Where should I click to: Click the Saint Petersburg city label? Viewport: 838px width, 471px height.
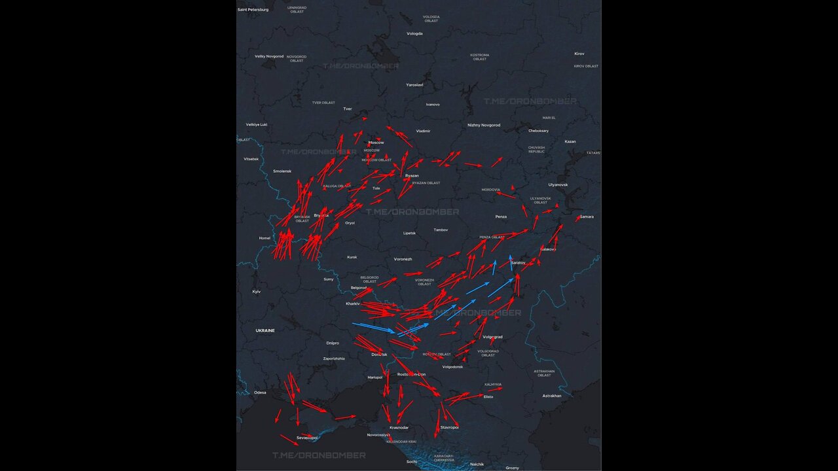253,10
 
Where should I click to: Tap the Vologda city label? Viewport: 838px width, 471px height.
414,33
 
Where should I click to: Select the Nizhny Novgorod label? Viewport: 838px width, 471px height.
484,125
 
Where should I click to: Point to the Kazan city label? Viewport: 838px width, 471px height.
570,141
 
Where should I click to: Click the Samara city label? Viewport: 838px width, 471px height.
587,217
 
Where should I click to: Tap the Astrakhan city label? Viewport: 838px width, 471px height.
552,396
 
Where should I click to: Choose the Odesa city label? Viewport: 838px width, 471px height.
260,392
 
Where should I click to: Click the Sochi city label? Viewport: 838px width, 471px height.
411,462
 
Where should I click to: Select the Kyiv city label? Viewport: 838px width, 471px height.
257,291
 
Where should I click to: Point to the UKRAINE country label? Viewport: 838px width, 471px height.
265,331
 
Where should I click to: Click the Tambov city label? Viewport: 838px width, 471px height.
441,230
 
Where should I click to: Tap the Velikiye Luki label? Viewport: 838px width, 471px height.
257,124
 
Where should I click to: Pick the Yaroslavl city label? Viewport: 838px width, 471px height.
414,85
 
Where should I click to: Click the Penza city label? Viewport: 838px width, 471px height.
501,217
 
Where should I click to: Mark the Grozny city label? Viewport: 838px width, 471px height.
512,468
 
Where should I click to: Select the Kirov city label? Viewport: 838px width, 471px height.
579,54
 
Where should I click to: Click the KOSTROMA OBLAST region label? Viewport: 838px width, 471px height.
480,57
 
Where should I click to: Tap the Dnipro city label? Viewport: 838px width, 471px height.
333,343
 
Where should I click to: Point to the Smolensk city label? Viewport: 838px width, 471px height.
282,171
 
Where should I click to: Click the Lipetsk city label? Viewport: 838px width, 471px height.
409,233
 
